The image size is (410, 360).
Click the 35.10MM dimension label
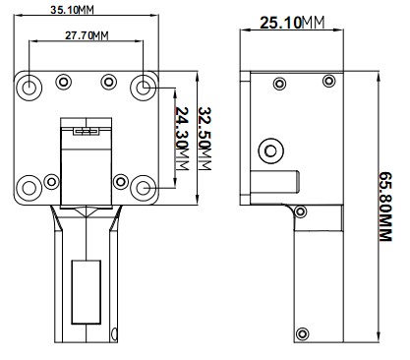(72, 10)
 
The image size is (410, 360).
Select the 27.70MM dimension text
(87, 35)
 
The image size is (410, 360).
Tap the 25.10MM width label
(292, 23)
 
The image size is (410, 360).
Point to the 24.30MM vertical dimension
(182, 139)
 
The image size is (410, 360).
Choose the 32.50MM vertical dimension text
(205, 139)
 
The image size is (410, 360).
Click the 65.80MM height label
(385, 207)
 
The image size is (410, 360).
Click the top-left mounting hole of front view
(29, 88)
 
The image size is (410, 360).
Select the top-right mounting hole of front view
(143, 88)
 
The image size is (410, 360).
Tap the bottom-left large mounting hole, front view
(29, 188)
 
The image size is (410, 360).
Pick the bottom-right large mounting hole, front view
(143, 188)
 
